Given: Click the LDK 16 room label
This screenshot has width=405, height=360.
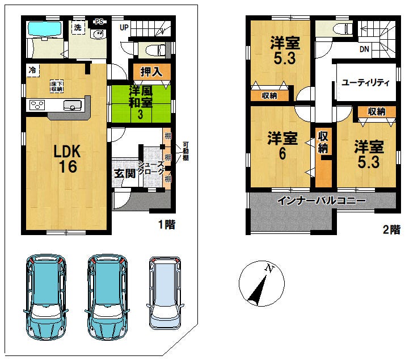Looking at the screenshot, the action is (67, 158).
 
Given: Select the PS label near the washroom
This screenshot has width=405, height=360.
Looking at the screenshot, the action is (99, 22).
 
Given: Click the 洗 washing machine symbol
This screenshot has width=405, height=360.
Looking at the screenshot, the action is (78, 27).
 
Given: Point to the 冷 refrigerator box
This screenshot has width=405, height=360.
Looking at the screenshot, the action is (33, 70).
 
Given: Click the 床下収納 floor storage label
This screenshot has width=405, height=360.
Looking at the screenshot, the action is (57, 86).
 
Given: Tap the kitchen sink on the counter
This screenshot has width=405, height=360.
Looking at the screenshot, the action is (73, 105).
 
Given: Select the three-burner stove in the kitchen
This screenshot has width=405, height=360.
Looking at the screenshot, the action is (37, 105).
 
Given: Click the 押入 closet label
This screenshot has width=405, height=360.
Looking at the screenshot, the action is (151, 72).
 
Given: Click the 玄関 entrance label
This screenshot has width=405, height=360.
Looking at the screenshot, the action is (124, 174).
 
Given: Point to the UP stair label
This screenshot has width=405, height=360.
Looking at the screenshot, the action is (124, 27).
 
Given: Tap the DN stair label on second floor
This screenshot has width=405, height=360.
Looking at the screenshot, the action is (364, 49).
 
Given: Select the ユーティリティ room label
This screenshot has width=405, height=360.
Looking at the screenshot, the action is (365, 82).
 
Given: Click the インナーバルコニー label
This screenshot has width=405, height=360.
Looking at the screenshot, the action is (321, 200).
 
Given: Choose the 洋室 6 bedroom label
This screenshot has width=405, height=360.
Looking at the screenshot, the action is (282, 145).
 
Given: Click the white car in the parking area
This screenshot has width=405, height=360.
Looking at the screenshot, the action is (165, 293).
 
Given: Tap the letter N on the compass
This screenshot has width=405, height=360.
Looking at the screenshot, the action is (269, 269).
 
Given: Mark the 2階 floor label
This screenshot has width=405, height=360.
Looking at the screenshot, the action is (391, 229).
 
